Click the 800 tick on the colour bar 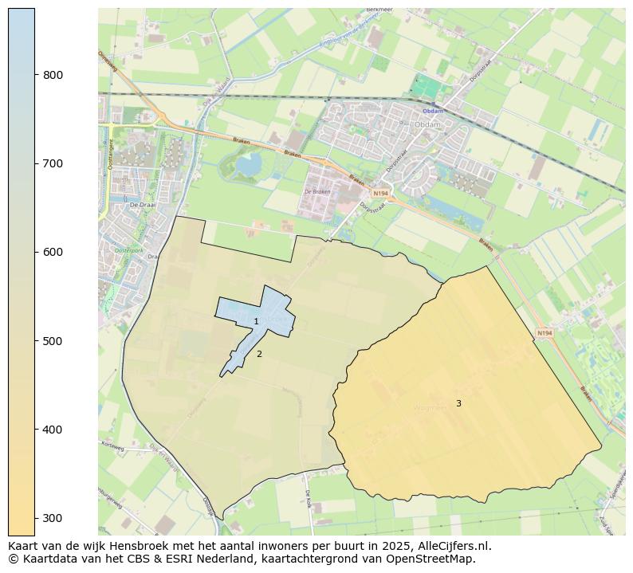tap(53, 75)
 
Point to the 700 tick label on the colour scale tap(53, 163)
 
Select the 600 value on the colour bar tap(53, 252)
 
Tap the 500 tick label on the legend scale tap(53, 341)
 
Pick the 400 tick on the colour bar tap(53, 430)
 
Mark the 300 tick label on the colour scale tap(53, 518)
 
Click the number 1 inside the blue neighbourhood tap(256, 322)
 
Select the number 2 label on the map tap(259, 354)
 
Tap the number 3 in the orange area tap(458, 404)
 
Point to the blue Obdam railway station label tap(433, 111)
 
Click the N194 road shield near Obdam tap(380, 193)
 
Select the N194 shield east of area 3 tap(545, 333)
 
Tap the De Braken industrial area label tap(317, 192)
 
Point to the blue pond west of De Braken tap(248, 166)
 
